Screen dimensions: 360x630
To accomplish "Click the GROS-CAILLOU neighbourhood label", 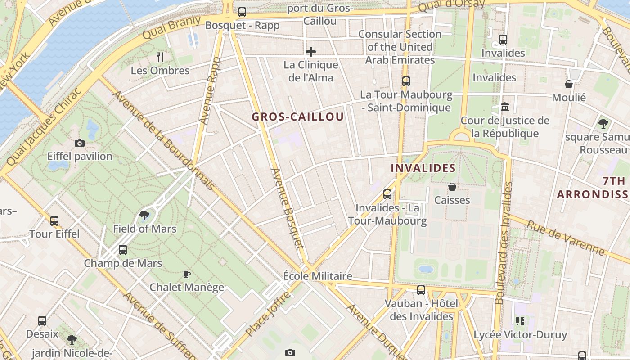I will [x=297, y=117].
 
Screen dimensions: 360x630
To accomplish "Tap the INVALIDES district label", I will [x=423, y=168].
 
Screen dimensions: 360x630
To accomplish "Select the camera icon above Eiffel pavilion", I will [x=80, y=144].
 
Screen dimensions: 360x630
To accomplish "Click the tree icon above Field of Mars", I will [x=144, y=216].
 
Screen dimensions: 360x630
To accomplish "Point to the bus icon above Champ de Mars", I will [x=122, y=250].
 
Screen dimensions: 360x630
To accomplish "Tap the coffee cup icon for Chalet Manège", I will [x=187, y=274].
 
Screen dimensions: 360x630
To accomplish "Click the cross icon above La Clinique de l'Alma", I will [x=310, y=52].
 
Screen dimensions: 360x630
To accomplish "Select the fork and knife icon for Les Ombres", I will [x=160, y=57].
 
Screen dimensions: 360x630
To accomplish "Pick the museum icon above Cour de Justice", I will [x=504, y=108].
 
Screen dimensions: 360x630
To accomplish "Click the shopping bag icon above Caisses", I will [x=452, y=187].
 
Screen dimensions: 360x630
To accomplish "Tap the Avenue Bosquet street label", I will [x=287, y=208].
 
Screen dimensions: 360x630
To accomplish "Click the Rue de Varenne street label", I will [x=566, y=238].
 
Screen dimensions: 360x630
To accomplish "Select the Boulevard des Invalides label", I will [x=504, y=243].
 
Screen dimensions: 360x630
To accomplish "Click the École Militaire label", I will [x=318, y=276].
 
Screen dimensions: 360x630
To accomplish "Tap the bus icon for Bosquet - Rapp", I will [x=242, y=12].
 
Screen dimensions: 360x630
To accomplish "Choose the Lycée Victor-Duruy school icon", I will [x=520, y=321].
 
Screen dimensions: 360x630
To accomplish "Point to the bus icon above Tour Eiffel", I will [x=54, y=221].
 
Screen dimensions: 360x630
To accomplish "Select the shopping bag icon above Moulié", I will [x=569, y=84].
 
